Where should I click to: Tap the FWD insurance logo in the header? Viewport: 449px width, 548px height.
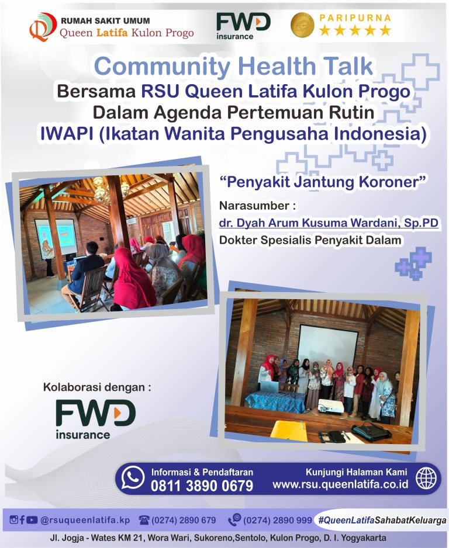(x=243, y=26)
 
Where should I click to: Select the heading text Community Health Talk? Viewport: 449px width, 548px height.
(x=234, y=66)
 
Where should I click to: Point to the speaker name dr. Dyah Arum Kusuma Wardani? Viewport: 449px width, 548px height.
(x=329, y=223)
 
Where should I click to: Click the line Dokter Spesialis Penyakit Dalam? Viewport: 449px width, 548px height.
(x=310, y=240)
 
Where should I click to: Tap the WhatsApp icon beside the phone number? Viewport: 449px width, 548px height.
(x=133, y=477)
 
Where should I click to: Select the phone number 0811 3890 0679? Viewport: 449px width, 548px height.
(x=202, y=485)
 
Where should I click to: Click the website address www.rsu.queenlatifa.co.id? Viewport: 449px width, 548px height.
(x=340, y=485)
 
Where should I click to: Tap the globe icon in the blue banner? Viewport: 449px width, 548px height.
(x=426, y=478)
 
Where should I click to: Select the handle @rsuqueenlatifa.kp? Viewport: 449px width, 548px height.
(x=85, y=520)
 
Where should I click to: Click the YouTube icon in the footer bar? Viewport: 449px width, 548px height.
(x=32, y=520)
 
